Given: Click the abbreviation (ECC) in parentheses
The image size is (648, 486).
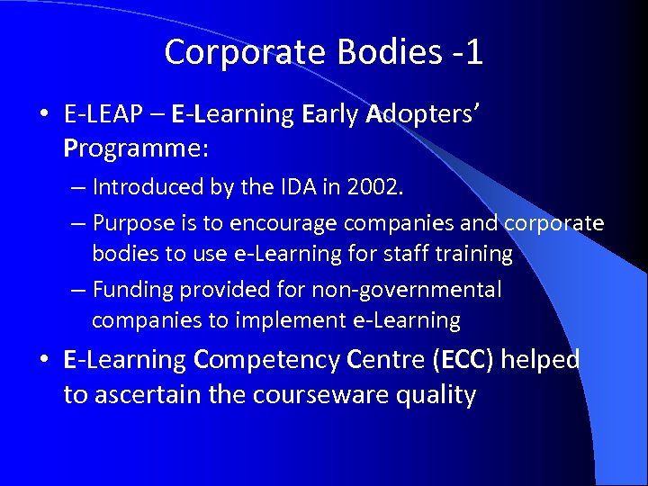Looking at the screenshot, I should pyautogui.click(x=463, y=361).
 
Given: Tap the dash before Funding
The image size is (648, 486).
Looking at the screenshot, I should pyautogui.click(x=78, y=290).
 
